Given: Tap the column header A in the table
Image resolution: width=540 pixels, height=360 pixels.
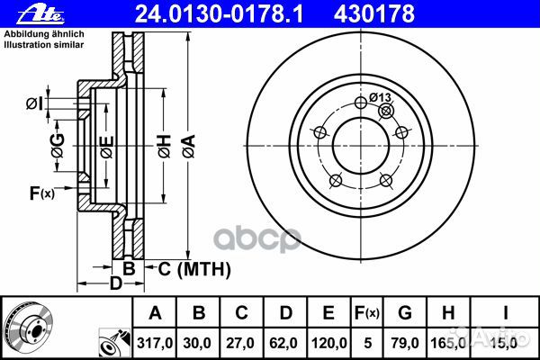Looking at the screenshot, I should click(155, 313).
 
